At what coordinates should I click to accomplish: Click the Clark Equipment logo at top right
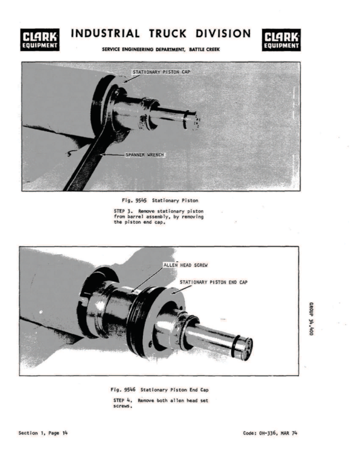click(282, 39)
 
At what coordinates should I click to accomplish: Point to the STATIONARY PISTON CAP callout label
click(161, 72)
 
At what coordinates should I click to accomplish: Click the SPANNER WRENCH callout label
click(144, 155)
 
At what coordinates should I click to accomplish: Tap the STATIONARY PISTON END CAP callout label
click(213, 282)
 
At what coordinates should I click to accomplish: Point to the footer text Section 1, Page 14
click(42, 433)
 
